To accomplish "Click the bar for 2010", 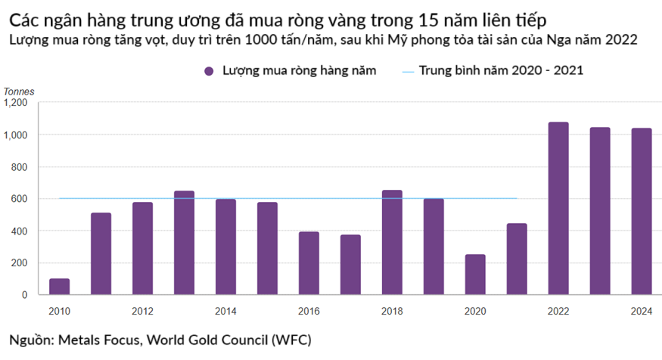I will pyautogui.click(x=59, y=287).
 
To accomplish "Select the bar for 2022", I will pyautogui.click(x=558, y=208).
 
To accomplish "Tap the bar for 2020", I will pyautogui.click(x=475, y=275).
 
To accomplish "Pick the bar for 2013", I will pyautogui.click(x=184, y=243).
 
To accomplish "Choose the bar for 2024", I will pyautogui.click(x=642, y=211).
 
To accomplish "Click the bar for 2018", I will pyautogui.click(x=392, y=242).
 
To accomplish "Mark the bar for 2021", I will pyautogui.click(x=517, y=259).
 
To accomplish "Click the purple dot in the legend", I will pyautogui.click(x=208, y=70).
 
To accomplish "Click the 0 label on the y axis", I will pyautogui.click(x=24, y=295).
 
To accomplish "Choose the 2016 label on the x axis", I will pyautogui.click(x=309, y=310).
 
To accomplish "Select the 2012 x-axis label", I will pyautogui.click(x=142, y=310).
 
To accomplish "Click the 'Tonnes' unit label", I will pyautogui.click(x=19, y=92).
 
